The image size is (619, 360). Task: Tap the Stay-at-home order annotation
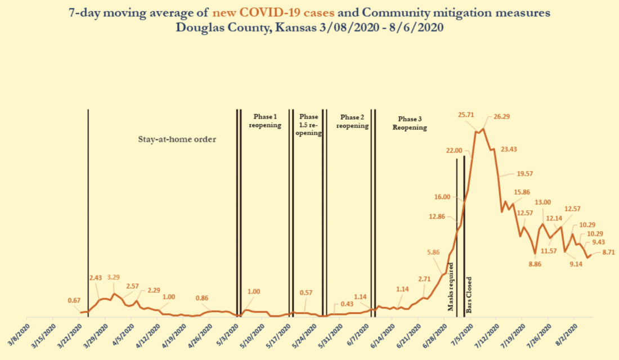point(177,139)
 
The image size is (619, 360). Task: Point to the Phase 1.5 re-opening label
point(309,125)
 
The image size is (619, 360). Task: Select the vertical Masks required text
point(451,286)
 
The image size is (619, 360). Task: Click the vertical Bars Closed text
point(469,295)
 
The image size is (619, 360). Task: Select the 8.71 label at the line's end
point(609,253)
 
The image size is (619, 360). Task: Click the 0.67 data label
point(74,300)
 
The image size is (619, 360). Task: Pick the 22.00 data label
point(454,150)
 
